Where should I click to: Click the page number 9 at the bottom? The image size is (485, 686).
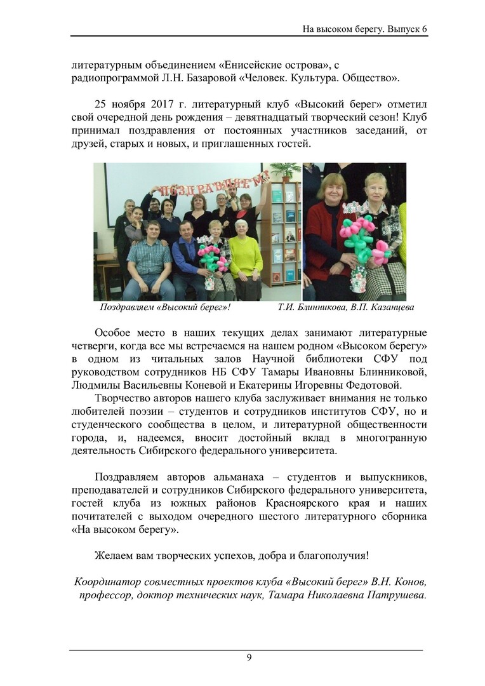pos(249,657)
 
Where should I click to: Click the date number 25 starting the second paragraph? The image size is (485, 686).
pos(101,104)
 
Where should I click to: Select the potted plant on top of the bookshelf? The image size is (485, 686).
pos(284,170)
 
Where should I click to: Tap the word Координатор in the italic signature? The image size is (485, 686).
pos(105,582)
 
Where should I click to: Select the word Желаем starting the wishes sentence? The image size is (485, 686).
pos(113,555)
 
